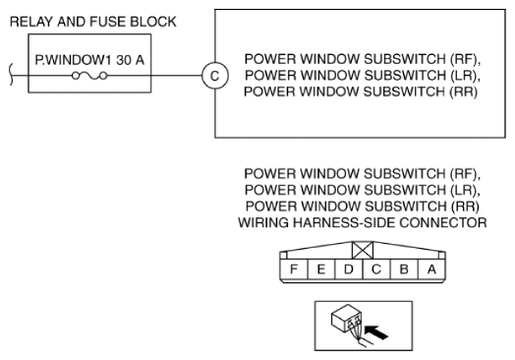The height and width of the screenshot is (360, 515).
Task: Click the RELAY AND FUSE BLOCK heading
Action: point(93,22)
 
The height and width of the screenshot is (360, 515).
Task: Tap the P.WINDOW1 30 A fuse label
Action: point(89,60)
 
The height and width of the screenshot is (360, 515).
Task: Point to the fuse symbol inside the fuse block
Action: point(89,76)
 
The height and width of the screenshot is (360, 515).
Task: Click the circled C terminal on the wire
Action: point(214,76)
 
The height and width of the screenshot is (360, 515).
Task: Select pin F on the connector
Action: point(294,270)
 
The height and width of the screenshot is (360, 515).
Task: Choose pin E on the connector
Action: point(321,270)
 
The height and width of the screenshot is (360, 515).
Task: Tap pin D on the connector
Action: point(349,270)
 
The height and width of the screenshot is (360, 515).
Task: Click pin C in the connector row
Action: point(376,270)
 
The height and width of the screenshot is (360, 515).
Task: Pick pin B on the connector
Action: point(404,270)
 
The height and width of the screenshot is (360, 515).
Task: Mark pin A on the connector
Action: point(431,270)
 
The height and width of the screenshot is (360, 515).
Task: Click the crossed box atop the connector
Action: point(363,250)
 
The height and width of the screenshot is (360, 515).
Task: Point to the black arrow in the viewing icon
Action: point(376,332)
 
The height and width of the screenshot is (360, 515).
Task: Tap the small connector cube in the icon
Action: point(347,318)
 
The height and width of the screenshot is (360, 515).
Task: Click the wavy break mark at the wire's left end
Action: point(11,75)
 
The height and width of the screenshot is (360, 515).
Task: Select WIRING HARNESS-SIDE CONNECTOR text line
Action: point(363,222)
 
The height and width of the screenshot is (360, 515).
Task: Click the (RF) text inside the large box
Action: point(465,59)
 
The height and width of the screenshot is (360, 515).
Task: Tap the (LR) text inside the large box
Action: point(465,76)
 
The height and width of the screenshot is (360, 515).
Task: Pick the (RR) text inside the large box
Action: point(464,91)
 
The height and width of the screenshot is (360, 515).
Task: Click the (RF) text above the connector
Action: point(465,174)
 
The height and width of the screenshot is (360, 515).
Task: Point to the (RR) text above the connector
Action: point(465,207)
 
